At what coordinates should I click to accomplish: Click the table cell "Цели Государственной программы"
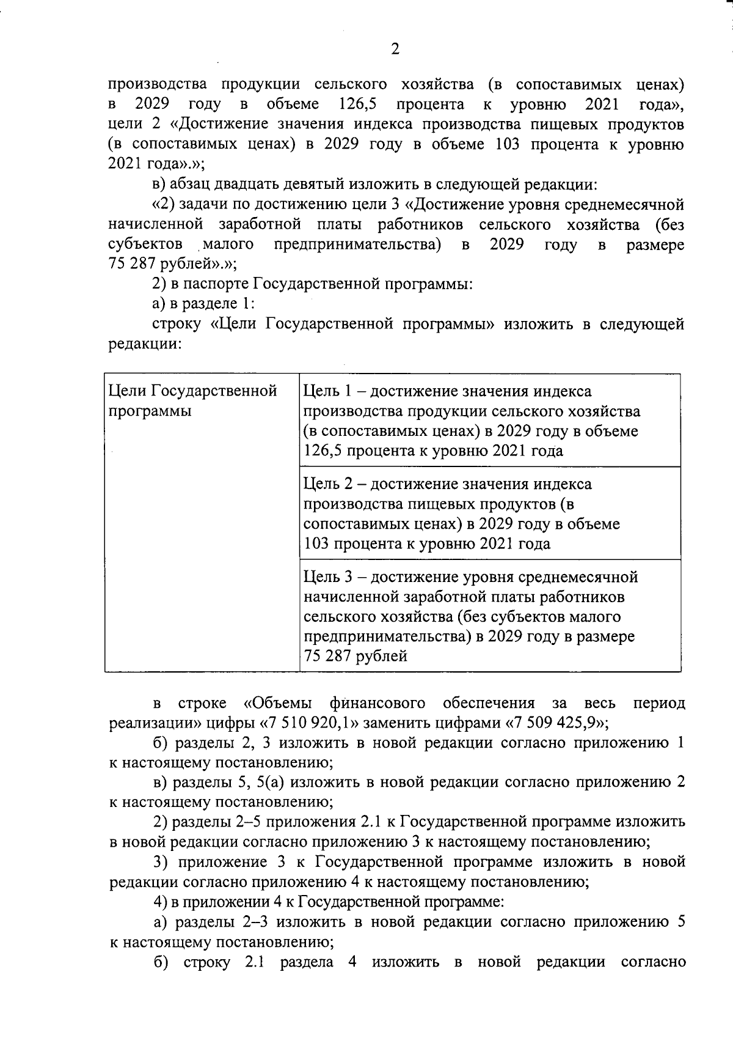(192, 400)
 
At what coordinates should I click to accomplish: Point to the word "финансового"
(377, 703)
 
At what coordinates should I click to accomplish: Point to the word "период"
(658, 703)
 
